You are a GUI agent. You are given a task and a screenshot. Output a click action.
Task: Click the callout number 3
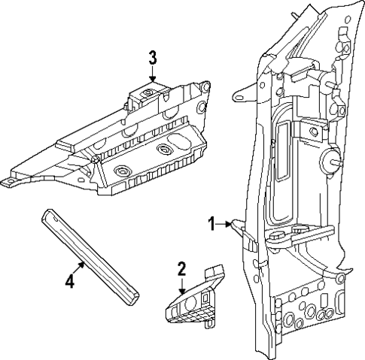tap(152, 57)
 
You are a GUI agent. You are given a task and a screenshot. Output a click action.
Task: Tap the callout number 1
tap(212, 223)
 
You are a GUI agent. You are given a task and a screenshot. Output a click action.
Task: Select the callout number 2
tap(181, 268)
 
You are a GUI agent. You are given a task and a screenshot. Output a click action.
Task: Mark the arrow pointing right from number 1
tap(227, 223)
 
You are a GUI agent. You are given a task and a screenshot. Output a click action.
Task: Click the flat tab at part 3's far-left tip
tap(9, 181)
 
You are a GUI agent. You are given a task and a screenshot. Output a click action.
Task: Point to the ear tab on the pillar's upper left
tap(242, 97)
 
